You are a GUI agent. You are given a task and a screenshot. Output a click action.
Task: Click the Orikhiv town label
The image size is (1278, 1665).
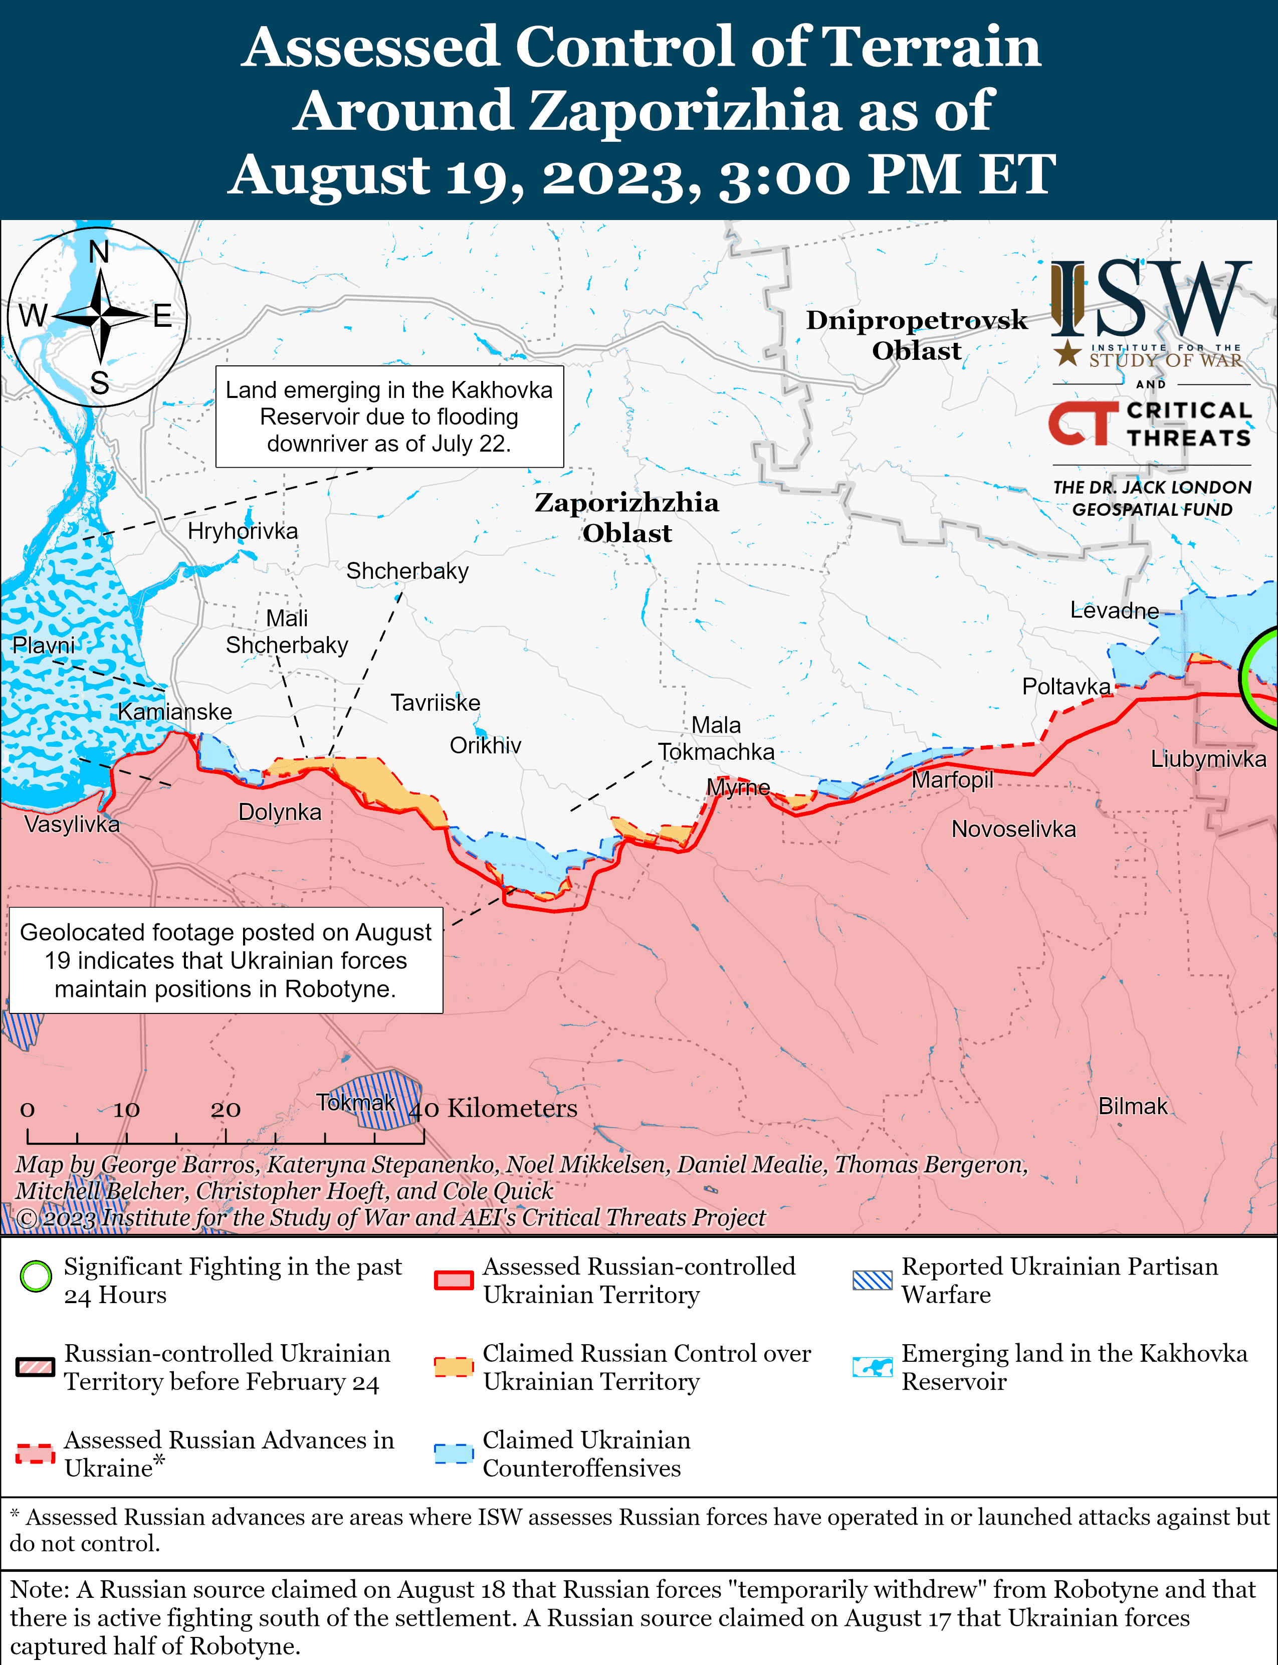[485, 745]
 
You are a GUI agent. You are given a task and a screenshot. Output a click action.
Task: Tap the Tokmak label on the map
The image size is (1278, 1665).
[356, 1102]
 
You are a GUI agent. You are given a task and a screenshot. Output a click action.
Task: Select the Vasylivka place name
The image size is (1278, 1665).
[72, 824]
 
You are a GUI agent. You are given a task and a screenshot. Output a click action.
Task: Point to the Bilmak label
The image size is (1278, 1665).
[1133, 1106]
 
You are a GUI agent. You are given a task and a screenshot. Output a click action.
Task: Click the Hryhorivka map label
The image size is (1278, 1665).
[243, 531]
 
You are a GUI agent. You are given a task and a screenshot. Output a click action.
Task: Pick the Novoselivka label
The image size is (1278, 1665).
[1013, 829]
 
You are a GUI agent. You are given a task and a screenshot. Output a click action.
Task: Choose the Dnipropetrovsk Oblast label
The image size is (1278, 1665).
[917, 335]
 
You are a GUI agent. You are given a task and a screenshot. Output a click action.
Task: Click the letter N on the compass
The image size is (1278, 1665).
[99, 252]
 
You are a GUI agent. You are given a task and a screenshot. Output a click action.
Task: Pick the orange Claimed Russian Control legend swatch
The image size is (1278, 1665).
[454, 1367]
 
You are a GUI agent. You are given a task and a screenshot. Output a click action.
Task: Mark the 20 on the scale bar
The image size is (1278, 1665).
[226, 1110]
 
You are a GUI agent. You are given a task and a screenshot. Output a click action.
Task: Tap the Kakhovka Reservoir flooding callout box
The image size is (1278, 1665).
[389, 417]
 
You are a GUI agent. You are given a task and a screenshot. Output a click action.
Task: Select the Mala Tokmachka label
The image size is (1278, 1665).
[716, 739]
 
